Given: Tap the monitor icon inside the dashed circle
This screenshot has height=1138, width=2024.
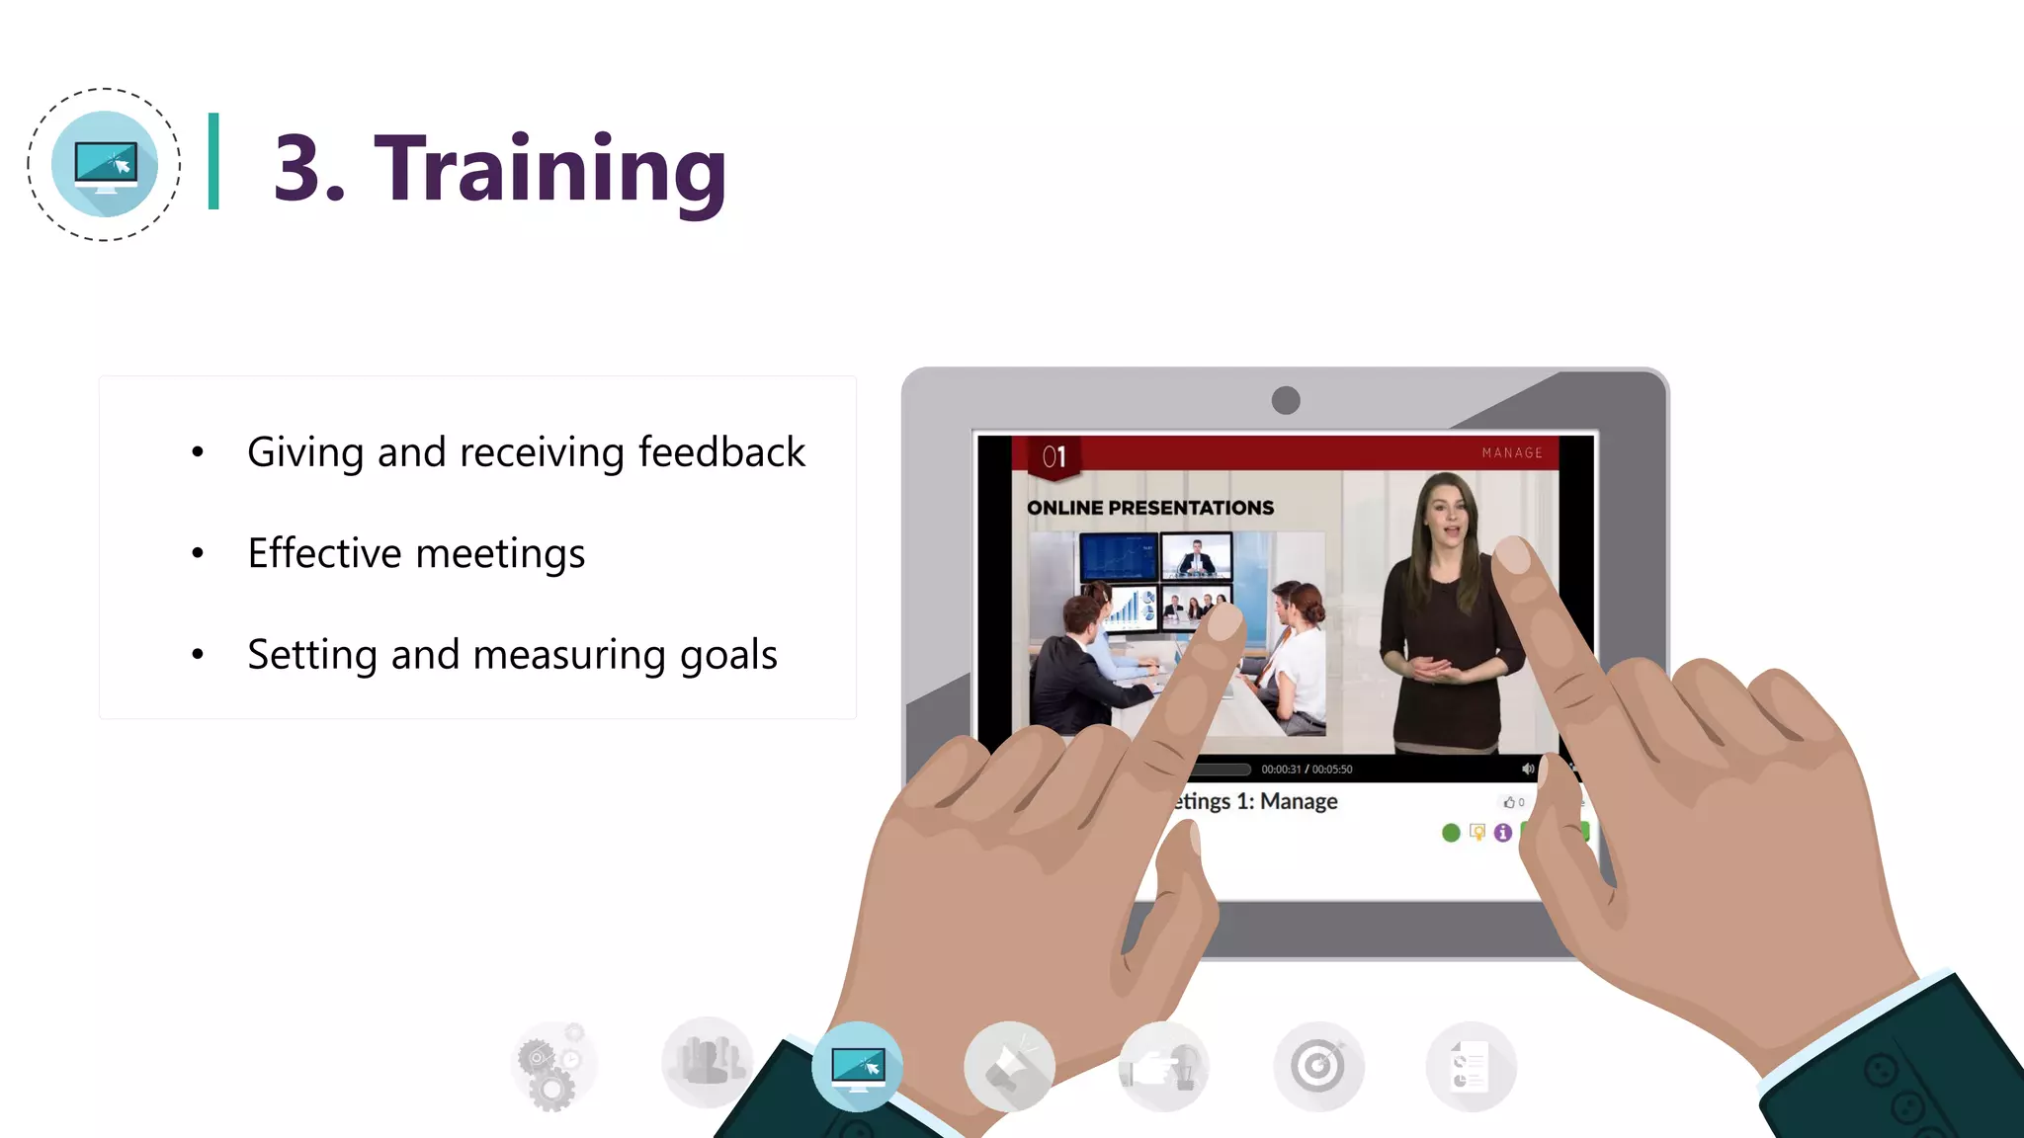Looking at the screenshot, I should [105, 165].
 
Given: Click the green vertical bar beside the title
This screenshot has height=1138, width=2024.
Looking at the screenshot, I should [213, 161].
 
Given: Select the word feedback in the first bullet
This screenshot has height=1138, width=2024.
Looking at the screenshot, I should [721, 452].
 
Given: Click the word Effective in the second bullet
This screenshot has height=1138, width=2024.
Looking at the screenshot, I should [324, 553].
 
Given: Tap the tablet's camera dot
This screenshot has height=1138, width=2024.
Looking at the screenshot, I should [1286, 400].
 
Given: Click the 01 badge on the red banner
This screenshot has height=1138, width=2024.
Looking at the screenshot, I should [1054, 456].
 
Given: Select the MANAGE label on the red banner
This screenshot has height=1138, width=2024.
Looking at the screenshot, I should [1512, 452].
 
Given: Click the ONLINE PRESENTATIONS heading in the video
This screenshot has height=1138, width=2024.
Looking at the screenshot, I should [1149, 508].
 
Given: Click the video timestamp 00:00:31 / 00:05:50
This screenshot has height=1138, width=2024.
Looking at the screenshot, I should [1307, 770].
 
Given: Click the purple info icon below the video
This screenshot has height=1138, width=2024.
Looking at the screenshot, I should [1503, 833].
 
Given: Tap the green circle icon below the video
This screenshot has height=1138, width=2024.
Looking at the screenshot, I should [1451, 833].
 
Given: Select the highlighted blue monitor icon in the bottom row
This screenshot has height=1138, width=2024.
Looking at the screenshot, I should [857, 1067].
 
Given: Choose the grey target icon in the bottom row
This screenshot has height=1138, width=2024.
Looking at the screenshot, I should [1318, 1067].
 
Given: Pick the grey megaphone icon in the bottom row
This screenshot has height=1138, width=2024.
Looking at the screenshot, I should [1009, 1067].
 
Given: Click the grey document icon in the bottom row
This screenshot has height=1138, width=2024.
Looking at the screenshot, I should [1471, 1067].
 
